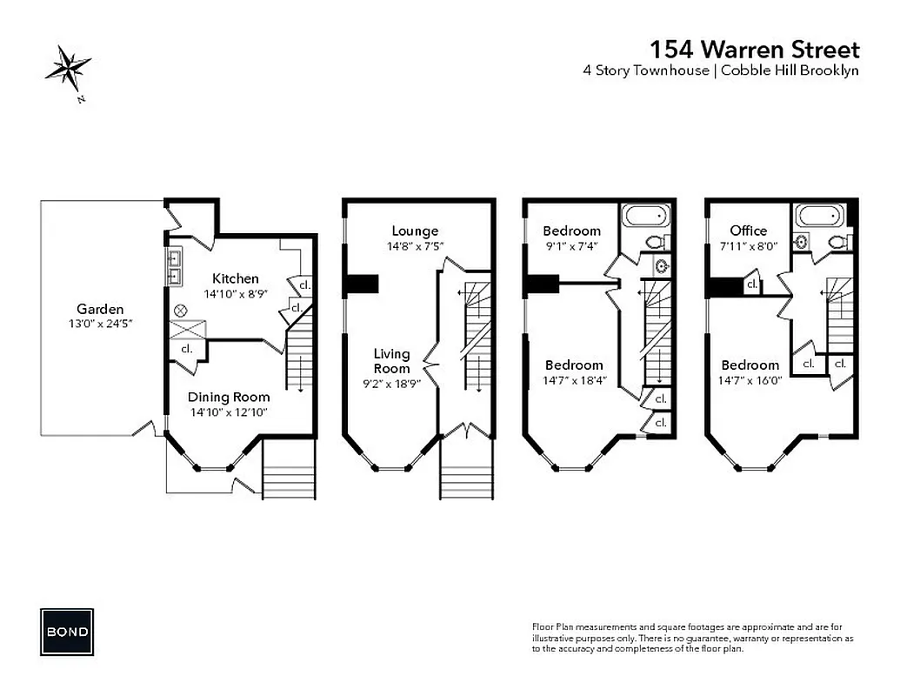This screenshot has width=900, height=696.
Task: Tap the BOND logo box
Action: (67, 630)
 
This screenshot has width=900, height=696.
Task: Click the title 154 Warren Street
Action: (754, 49)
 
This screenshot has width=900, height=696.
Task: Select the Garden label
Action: (100, 309)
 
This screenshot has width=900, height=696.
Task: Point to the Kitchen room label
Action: (236, 278)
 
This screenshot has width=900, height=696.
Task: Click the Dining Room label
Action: (229, 397)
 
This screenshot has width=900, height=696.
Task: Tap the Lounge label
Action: (415, 231)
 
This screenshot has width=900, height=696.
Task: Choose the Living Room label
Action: (391, 361)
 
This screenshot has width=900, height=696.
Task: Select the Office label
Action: (748, 231)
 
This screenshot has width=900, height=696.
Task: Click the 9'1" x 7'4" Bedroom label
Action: (571, 231)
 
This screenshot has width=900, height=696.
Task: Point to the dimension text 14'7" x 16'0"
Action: (750, 381)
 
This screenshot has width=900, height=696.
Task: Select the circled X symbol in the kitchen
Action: (181, 309)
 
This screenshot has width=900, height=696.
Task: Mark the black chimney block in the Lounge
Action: (363, 284)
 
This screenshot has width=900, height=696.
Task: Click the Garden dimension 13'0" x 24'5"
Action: (100, 325)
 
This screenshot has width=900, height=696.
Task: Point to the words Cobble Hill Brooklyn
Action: (789, 70)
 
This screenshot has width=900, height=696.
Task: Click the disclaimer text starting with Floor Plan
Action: (691, 638)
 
